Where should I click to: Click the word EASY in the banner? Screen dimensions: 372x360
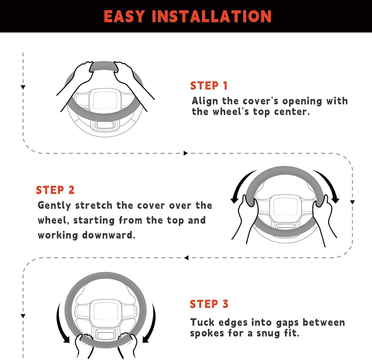click(x=124, y=16)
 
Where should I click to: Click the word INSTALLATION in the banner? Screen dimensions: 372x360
click(x=212, y=16)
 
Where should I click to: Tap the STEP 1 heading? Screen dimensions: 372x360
click(x=209, y=85)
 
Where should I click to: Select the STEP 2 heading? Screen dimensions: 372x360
click(x=55, y=190)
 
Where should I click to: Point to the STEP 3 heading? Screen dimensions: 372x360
click(x=209, y=304)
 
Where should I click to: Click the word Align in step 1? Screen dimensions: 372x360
click(x=205, y=101)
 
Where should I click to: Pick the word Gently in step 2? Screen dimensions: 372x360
click(x=55, y=205)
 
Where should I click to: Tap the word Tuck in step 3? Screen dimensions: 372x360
click(x=202, y=322)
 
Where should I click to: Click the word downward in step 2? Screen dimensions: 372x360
click(x=108, y=235)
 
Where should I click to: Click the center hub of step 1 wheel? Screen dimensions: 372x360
click(x=105, y=100)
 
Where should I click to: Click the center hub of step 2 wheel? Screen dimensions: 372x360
click(x=285, y=206)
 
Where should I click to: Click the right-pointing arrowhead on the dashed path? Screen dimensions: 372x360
click(x=186, y=153)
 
